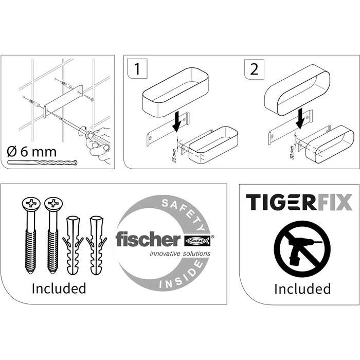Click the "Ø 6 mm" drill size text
(x=31, y=152)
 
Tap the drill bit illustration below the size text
(x=43, y=163)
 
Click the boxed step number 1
(x=137, y=69)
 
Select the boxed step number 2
(x=254, y=69)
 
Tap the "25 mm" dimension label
(x=174, y=156)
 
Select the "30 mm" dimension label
(x=292, y=153)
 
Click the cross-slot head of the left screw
(x=31, y=203)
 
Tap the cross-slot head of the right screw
(x=53, y=203)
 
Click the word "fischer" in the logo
(x=148, y=239)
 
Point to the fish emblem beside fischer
(x=198, y=240)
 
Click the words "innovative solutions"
(x=180, y=254)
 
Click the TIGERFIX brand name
(x=299, y=202)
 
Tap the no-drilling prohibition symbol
(x=302, y=249)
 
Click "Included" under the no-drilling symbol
(x=302, y=289)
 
